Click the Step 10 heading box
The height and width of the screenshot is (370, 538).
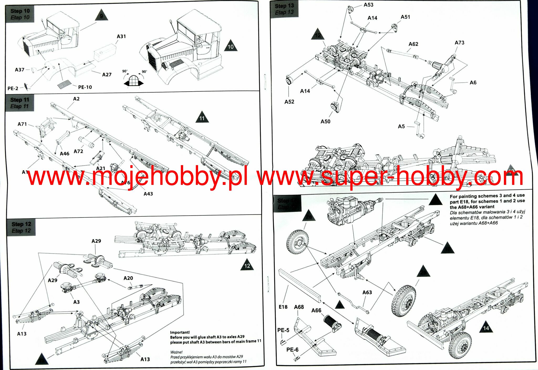tap(20, 14)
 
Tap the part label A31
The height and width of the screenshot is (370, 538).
tap(121, 36)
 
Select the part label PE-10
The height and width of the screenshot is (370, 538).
tap(85, 87)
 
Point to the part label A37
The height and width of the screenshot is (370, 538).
tap(19, 70)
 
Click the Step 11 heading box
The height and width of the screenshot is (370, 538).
tap(20, 103)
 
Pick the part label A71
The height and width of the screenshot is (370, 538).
tap(22, 124)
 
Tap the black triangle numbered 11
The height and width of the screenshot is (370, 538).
tap(202, 118)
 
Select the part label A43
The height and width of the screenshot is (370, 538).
tap(148, 194)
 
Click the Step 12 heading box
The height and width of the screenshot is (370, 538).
tap(21, 227)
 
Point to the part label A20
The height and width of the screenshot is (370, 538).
tap(128, 278)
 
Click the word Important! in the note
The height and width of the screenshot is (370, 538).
tap(180, 332)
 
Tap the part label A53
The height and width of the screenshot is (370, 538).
tap(368, 5)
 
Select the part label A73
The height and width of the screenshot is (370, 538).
tap(459, 43)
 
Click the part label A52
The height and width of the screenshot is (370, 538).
tap(289, 102)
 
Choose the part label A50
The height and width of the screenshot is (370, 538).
tap(325, 121)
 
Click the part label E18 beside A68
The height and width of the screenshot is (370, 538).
tap(283, 307)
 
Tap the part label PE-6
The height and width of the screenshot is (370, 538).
tap(292, 349)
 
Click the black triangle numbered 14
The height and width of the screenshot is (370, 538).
tap(486, 327)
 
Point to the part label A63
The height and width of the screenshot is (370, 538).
tap(367, 292)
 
